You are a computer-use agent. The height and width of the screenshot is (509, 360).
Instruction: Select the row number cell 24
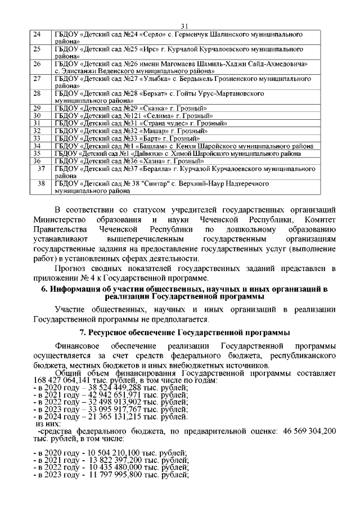coord(38,35)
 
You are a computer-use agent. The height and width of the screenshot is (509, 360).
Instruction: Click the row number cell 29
coord(38,108)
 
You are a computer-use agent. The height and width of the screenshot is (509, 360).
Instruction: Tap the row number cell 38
coord(40,183)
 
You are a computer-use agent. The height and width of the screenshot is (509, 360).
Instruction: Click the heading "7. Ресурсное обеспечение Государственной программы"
coord(180,331)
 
